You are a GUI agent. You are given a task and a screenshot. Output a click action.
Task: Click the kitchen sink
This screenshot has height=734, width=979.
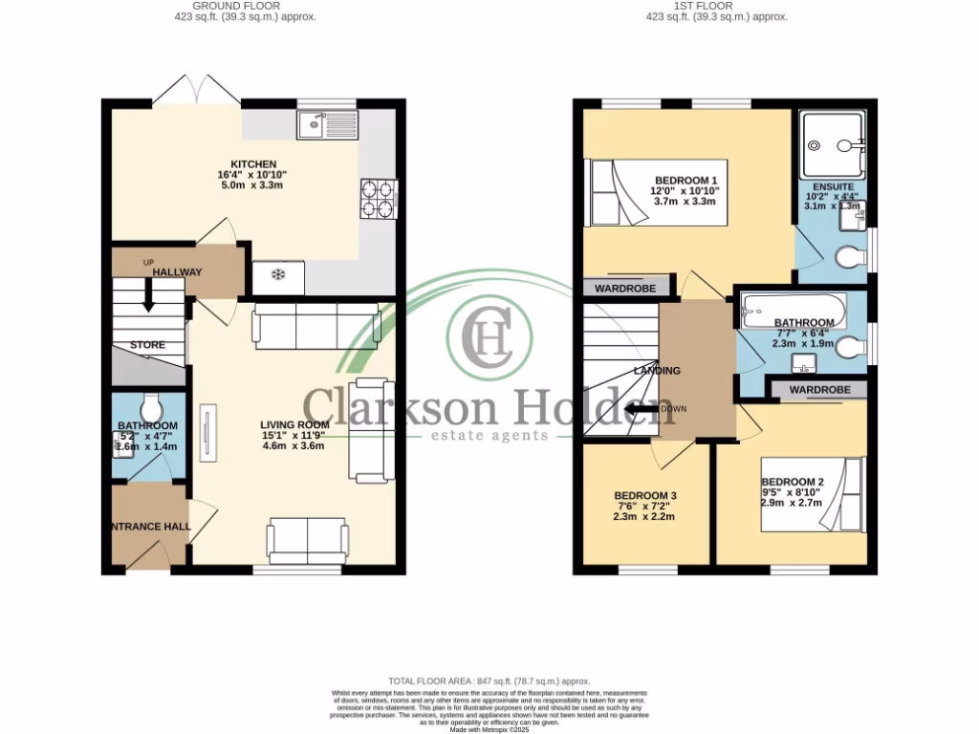pos(326,124)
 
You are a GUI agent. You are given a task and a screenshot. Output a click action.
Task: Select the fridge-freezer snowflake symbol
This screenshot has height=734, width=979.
pos(278,275)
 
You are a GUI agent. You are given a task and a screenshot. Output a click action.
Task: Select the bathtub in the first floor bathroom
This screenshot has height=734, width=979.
pos(794,308)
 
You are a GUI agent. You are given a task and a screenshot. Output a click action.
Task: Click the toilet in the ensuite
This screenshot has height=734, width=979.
pos(849,258)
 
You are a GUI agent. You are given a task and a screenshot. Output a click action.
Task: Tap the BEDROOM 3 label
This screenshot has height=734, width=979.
pos(644,495)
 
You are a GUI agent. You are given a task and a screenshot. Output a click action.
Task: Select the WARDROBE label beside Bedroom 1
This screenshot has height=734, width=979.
pos(625,288)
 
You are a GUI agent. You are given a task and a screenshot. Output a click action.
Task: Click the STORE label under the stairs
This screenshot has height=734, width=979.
pos(147,345)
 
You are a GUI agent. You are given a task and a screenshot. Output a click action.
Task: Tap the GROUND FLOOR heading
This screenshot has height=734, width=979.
pos(232,6)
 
